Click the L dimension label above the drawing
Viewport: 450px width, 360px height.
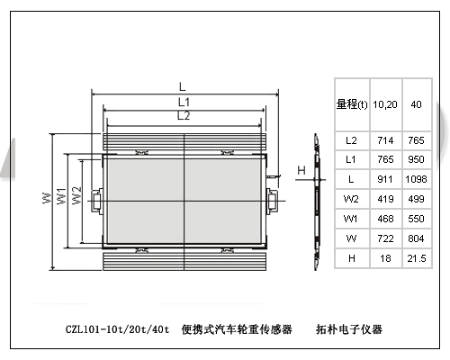click(183, 87)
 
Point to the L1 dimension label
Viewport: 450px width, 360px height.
click(184, 103)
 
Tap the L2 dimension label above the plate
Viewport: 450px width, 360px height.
click(184, 116)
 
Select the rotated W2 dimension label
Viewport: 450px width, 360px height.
click(76, 195)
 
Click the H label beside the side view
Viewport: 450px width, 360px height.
click(301, 170)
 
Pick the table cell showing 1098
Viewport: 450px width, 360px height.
click(416, 179)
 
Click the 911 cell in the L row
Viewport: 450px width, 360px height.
click(385, 179)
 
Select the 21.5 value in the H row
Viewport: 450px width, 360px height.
click(417, 258)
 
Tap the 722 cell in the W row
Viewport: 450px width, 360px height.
click(385, 238)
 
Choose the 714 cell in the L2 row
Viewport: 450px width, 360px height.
click(385, 140)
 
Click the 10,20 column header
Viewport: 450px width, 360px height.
click(385, 104)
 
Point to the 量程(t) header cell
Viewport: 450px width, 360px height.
click(352, 104)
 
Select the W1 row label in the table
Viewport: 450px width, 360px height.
click(351, 219)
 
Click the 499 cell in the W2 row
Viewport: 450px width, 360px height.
click(416, 199)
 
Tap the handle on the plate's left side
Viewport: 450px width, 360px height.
click(96, 201)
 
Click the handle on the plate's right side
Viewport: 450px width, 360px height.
click(271, 201)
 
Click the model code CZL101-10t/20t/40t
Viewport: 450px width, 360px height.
click(117, 329)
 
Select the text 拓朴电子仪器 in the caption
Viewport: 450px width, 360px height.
click(349, 329)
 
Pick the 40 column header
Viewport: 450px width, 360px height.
click(416, 104)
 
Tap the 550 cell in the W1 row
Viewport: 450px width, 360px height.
click(416, 219)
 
